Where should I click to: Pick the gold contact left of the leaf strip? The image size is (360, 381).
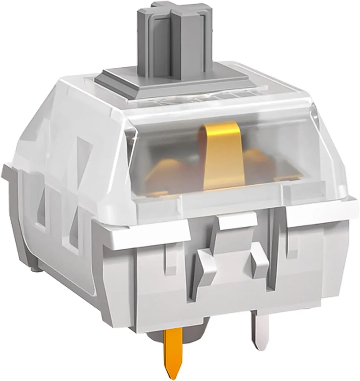pos(169,172)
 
